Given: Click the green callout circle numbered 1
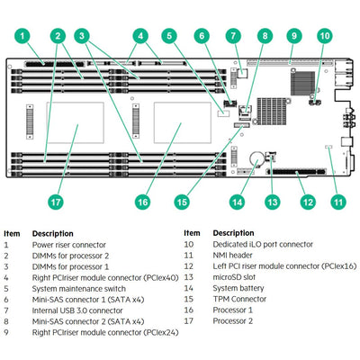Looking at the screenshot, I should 23,36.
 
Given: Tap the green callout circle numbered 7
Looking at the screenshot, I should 233,36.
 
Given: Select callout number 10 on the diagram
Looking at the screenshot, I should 325,36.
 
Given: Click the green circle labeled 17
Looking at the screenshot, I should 55,202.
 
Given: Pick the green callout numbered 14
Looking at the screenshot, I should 237,202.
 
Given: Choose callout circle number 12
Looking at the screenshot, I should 307,202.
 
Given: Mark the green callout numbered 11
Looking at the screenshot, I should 337,202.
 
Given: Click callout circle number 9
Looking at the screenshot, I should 292,36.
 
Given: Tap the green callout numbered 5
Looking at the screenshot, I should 169,36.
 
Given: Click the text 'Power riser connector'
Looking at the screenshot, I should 69,245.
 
